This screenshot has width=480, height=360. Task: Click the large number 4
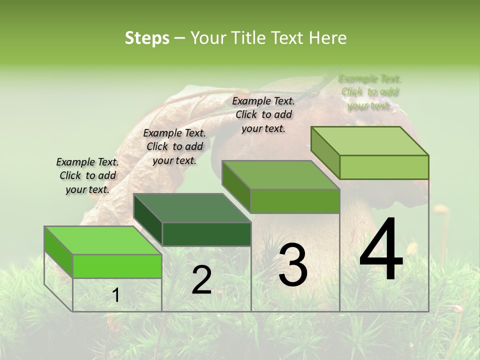381,250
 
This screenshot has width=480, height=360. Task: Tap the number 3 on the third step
293,264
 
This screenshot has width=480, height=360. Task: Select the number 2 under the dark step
201,280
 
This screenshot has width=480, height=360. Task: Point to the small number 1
116,295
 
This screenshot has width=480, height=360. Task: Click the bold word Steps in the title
147,38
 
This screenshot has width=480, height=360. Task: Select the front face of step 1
117,266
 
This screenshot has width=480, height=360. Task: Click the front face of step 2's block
206,234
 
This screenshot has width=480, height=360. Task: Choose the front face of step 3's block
295,201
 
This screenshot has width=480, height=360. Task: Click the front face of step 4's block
384,167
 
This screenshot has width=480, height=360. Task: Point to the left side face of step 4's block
325,152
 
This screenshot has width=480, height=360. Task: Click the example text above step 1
87,175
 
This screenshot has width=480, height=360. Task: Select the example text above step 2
174,146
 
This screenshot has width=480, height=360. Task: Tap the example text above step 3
263,114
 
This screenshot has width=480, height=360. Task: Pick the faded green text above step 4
370,92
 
